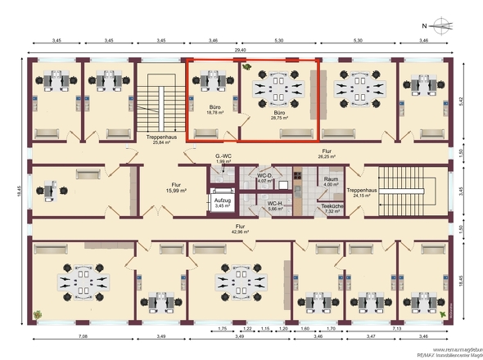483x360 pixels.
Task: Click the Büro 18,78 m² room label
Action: coord(215,110)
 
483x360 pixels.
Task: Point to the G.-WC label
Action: coord(223,159)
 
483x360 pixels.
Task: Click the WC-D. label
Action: coord(264,178)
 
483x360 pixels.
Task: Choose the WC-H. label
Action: coord(273,206)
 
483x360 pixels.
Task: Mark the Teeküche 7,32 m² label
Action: coord(332,209)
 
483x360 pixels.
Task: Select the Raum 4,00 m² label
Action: coord(331,182)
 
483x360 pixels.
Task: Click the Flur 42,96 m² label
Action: coord(240,228)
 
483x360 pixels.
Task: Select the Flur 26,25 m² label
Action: coord(326,154)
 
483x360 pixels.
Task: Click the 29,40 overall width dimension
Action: coord(240,51)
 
